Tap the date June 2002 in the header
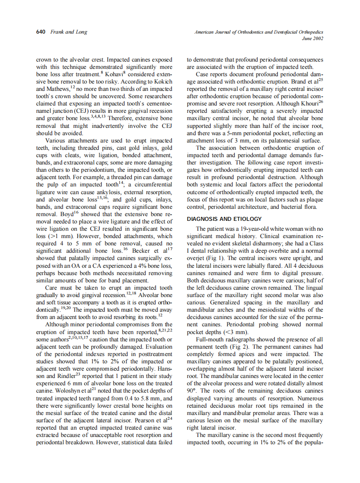(x=313, y=38)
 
